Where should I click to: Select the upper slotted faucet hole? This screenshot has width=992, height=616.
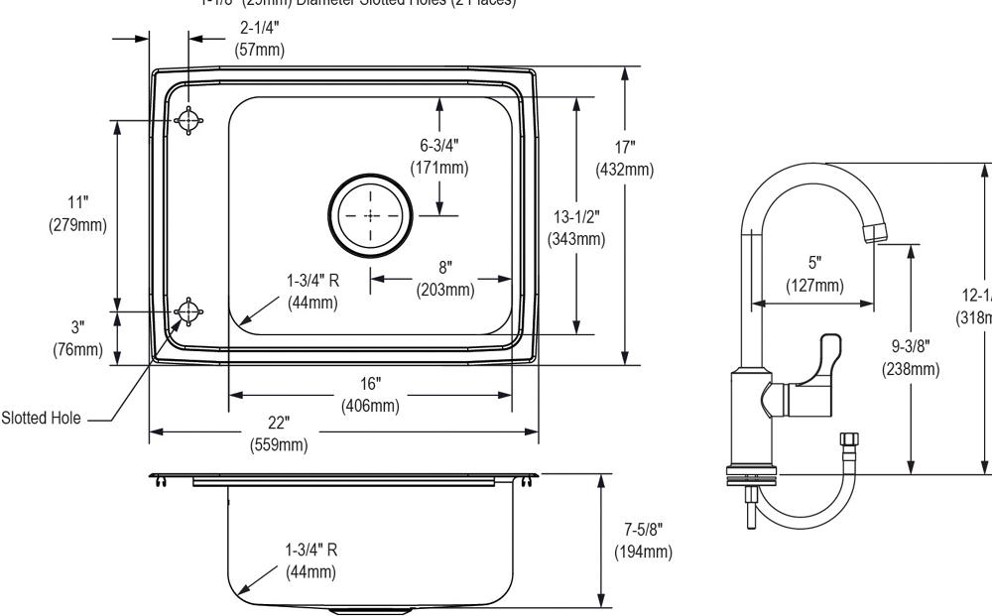click(186, 120)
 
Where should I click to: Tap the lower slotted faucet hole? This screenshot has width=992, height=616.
click(186, 312)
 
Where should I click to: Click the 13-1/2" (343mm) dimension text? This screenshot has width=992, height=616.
click(576, 227)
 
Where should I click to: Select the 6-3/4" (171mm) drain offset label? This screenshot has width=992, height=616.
click(439, 157)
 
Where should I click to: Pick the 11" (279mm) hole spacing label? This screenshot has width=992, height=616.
click(78, 212)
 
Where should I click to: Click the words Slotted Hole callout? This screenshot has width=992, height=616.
click(42, 418)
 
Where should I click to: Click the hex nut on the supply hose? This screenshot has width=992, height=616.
click(847, 440)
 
